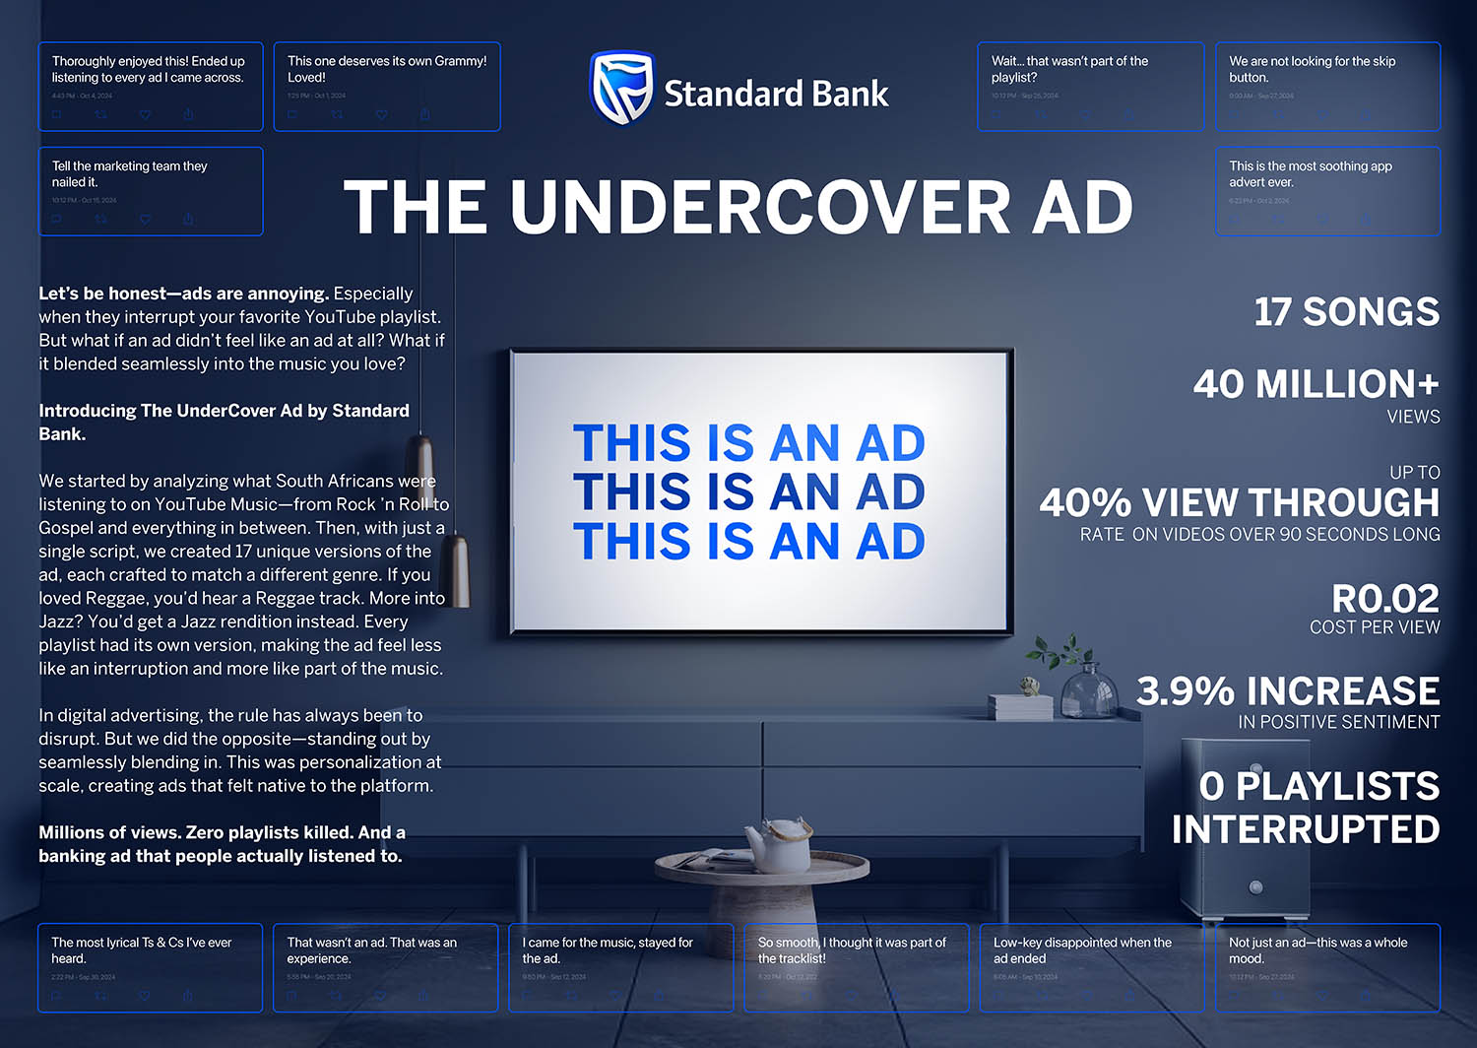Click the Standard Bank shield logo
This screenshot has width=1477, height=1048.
621,89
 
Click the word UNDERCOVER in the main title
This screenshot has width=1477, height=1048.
761,208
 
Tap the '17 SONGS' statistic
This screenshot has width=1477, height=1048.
1345,312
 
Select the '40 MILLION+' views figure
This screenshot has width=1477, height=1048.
1316,384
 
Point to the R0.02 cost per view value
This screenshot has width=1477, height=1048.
1384,599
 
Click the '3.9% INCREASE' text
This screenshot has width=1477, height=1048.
1288,691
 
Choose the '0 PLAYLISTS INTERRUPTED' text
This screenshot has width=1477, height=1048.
1307,808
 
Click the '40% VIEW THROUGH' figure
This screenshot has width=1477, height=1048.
1240,502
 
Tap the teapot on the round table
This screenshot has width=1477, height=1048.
779,843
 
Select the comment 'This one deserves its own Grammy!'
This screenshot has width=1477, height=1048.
387,69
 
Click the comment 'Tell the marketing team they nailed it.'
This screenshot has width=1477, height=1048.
130,174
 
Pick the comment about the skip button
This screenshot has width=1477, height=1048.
1313,69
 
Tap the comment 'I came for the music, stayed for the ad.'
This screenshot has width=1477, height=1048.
608,950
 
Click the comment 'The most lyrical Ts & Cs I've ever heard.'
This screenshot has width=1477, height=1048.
142,950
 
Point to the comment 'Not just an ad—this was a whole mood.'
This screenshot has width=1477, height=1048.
1318,950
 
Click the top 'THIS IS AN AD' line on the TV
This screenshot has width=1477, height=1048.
748,444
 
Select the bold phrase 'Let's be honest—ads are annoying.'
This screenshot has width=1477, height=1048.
183,294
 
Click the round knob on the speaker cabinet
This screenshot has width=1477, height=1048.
1255,886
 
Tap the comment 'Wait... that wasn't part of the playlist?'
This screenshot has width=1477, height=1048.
1070,69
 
